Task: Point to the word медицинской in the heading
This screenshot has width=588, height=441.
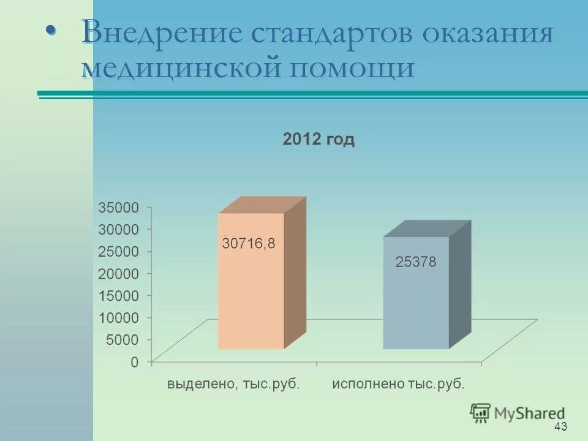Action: click(181, 66)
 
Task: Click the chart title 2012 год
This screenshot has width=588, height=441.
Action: click(318, 140)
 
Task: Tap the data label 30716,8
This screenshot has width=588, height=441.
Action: click(249, 243)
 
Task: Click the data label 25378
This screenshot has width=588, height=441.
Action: click(415, 262)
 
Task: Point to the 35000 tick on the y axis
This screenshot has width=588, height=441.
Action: click(119, 207)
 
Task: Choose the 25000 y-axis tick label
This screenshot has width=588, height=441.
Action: click(119, 251)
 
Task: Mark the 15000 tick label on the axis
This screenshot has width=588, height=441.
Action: click(119, 295)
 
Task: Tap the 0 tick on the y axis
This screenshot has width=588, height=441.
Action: click(134, 361)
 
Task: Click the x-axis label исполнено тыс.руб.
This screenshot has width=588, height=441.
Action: click(399, 385)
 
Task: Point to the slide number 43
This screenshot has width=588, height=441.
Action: click(560, 426)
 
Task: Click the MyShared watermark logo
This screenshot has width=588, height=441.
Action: click(518, 413)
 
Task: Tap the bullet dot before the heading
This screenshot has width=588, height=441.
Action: click(52, 31)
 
